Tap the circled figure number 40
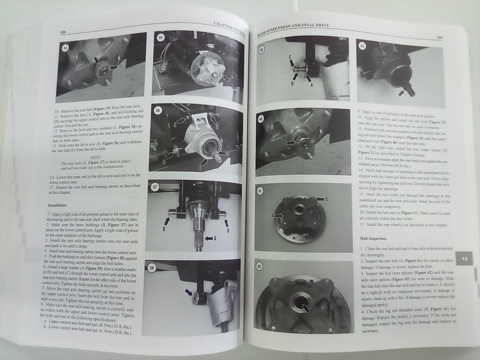click(x=262, y=119)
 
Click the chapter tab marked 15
click(x=465, y=259)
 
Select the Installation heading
click(x=57, y=206)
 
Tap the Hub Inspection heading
click(x=373, y=238)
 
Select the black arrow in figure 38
click(x=189, y=292)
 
